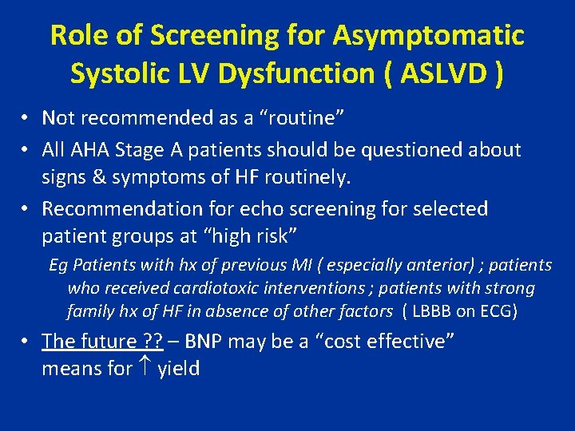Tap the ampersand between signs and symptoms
click(101, 177)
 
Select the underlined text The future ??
click(102, 342)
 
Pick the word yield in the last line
click(179, 370)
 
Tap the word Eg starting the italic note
click(57, 265)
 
